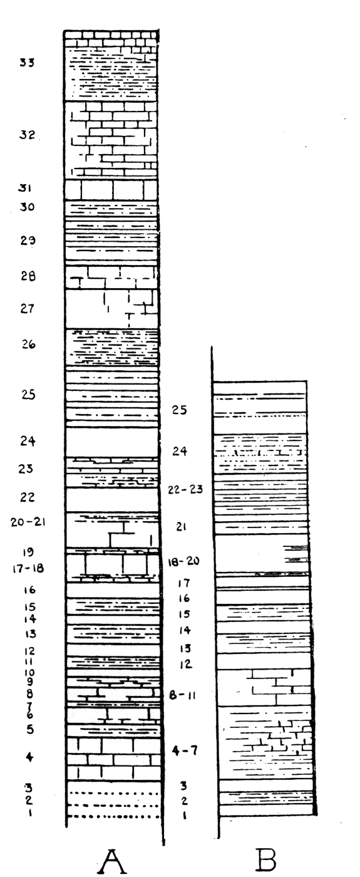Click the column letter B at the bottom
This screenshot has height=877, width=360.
coord(267,859)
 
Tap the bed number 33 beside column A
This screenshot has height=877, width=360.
coord(27,62)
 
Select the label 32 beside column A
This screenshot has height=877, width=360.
coord(28,135)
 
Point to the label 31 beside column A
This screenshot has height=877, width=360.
coord(25,189)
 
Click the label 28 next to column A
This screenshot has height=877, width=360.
coord(28,276)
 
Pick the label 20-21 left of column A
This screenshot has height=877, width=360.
coord(28,522)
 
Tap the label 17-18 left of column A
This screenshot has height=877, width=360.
coord(28,568)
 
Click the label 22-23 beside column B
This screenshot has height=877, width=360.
coord(185,489)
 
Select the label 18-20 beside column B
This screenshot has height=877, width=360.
coord(183,561)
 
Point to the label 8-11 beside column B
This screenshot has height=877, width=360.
coord(182,695)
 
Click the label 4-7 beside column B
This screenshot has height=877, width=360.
coord(185,750)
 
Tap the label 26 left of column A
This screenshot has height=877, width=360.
coord(29,345)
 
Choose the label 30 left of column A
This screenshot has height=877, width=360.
coord(28,207)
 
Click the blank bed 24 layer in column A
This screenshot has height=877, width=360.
coord(112,442)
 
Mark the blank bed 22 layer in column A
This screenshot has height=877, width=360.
coord(112,500)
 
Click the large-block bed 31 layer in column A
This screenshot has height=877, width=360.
coord(111,190)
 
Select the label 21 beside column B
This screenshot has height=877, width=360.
coord(181,527)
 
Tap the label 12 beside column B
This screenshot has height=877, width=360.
coord(186,664)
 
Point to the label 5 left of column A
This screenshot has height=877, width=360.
coord(30,729)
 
